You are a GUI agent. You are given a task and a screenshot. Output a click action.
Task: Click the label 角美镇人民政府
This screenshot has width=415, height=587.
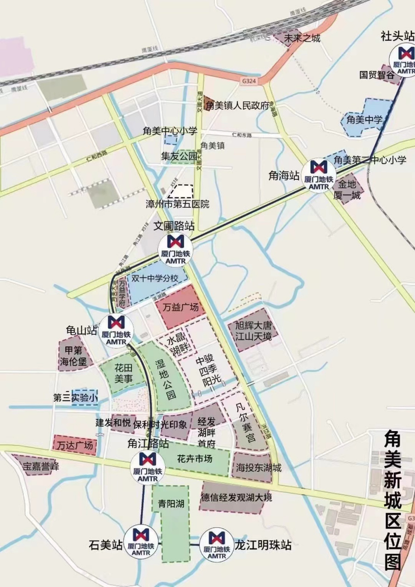tap(237, 105)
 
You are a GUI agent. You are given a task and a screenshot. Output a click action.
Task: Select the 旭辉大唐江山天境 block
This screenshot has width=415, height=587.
tap(252, 330)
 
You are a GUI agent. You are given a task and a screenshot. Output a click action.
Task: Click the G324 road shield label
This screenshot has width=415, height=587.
tap(247, 80)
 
